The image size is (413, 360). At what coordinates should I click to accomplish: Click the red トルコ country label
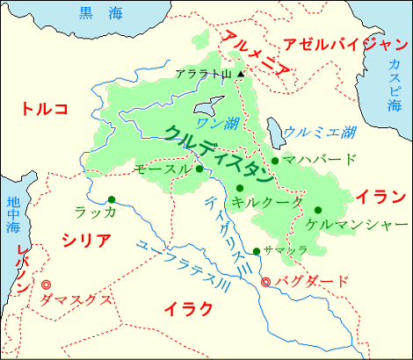pos(45,110)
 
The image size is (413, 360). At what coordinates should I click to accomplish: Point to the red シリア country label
pos(86,241)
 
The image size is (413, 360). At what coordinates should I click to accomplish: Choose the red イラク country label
pos(188,308)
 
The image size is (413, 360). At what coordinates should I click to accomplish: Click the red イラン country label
pos(378,195)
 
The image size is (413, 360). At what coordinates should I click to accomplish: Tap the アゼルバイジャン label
pos(342,45)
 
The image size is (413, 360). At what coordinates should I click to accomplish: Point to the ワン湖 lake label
pos(216,122)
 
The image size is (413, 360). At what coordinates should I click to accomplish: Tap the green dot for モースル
pos(199,169)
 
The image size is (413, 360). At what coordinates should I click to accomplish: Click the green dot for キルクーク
pos(239,188)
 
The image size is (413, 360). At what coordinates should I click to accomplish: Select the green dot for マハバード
pos(275,160)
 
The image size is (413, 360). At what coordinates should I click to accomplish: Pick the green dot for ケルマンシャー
pos(317,209)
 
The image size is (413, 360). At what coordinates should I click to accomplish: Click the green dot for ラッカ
pos(111,198)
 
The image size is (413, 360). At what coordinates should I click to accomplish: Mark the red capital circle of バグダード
pos(266,282)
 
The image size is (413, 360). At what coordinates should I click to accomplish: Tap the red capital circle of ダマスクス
pos(47,284)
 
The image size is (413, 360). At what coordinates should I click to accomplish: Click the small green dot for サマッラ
pos(256,252)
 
